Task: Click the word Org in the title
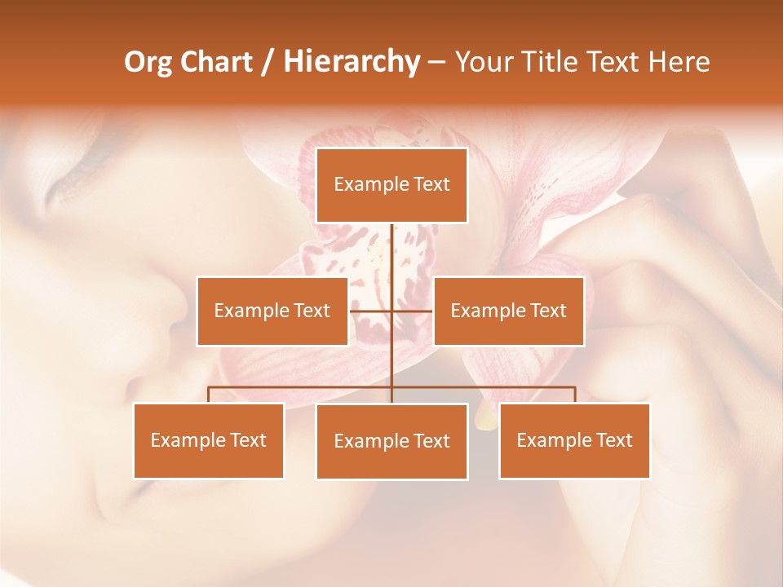(x=149, y=62)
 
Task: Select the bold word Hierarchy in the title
(x=352, y=62)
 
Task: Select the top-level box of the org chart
(x=391, y=185)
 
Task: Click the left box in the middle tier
(x=272, y=311)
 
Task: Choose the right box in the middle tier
(x=508, y=311)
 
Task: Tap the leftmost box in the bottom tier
(x=209, y=440)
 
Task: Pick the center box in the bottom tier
(x=391, y=441)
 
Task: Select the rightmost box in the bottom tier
(x=574, y=440)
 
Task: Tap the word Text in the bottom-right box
(x=614, y=440)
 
